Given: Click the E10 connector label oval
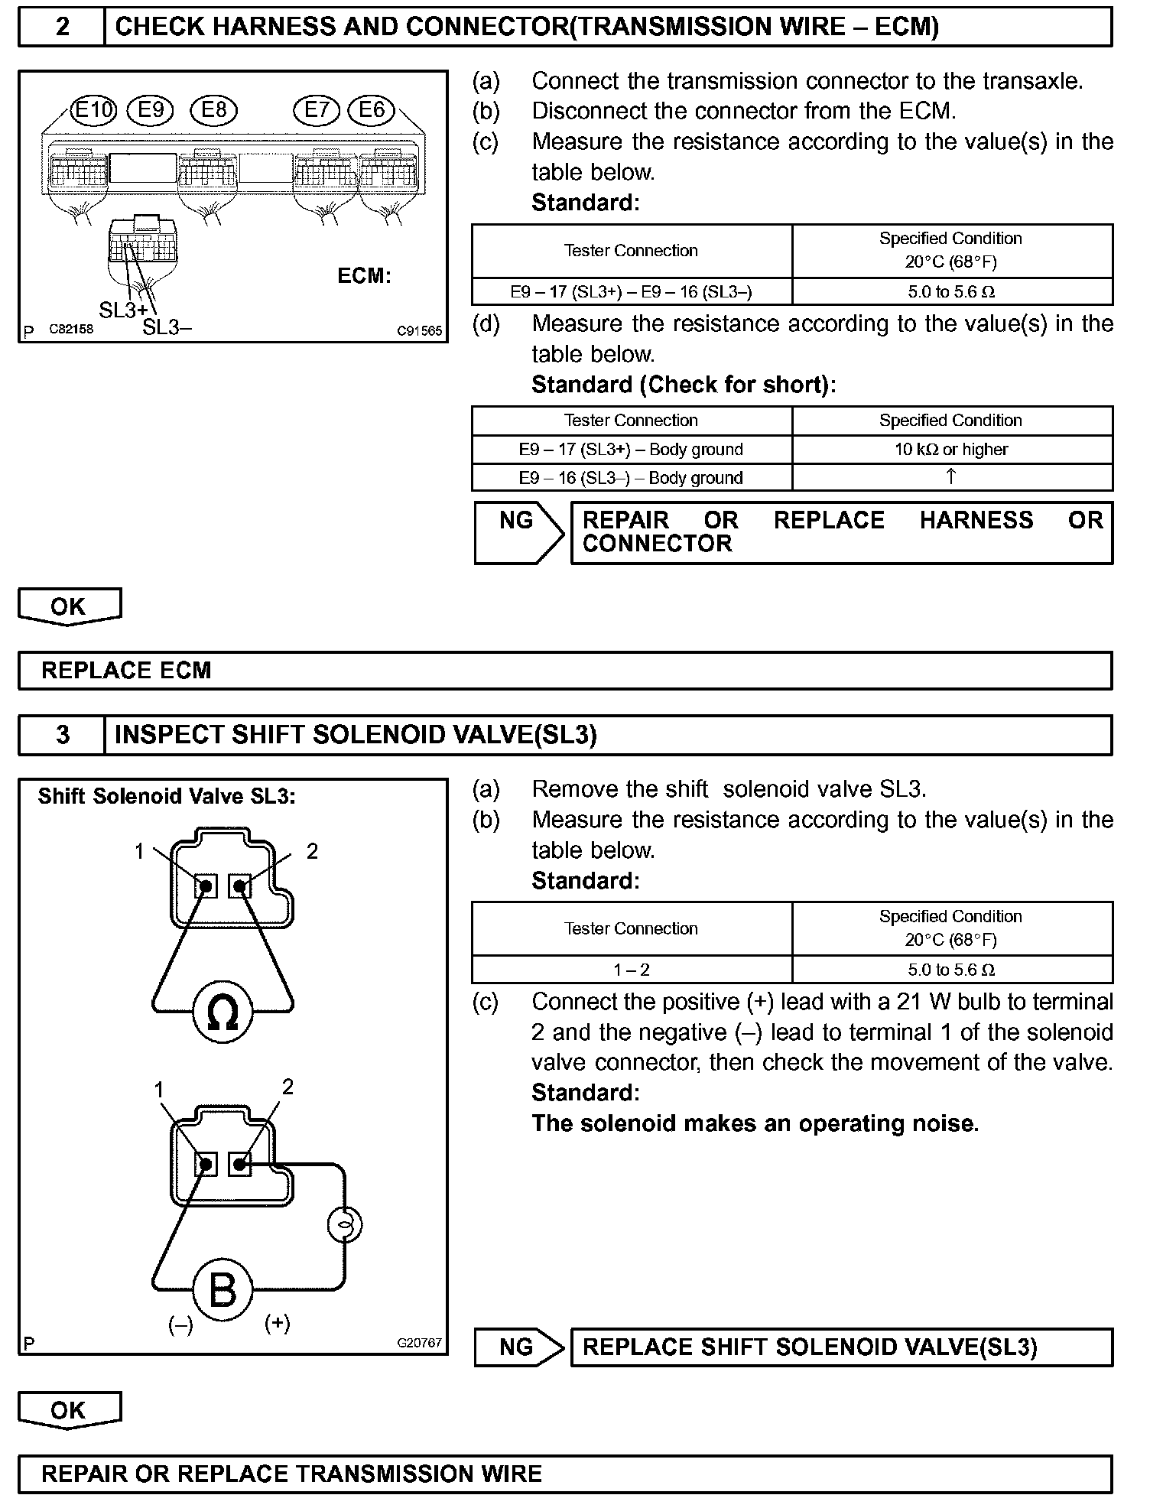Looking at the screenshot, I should pos(93,110).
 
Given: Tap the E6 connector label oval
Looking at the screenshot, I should pos(372,110).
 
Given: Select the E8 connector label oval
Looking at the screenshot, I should pos(214,110).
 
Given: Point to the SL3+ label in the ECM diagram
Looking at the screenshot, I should pos(122,310).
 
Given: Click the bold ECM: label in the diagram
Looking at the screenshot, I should pos(364,276).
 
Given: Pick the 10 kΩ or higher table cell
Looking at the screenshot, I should pos(951,450).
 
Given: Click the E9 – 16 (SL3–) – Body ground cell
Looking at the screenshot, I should pos(631,478).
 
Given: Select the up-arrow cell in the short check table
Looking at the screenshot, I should pos(951,477).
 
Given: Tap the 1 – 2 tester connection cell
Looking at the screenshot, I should pos(631,970).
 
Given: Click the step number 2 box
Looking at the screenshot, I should pos(62,27).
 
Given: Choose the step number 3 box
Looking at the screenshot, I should pos(62,735).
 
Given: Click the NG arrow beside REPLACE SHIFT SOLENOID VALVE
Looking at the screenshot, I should pos(519,1347).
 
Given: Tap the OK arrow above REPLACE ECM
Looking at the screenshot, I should pos(69,606).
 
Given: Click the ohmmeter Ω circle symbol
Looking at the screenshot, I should pos(223,1013).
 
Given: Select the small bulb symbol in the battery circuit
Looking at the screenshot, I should pos(344,1224).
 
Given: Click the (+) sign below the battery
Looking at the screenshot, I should pos(277,1323).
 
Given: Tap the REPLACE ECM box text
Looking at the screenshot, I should pos(126,671).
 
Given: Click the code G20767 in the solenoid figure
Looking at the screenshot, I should pos(419,1343).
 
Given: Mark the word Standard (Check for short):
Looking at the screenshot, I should pos(684,385).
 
